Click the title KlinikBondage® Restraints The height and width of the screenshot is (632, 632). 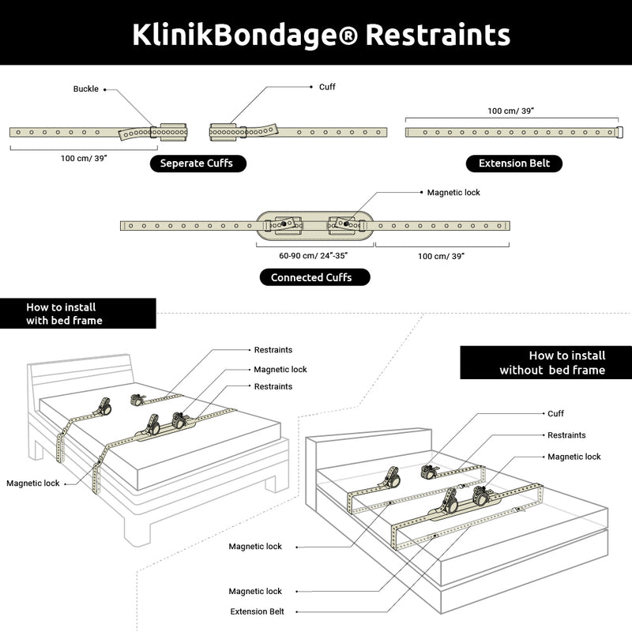(321, 35)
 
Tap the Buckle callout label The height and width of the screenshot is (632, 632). (85, 89)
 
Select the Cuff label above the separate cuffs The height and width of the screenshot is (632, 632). (327, 87)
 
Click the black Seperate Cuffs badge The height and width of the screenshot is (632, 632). (197, 164)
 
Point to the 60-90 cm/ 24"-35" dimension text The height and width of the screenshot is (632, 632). (314, 256)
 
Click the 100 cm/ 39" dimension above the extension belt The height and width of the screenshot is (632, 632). (511, 111)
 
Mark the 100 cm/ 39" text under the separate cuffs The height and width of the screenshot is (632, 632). (84, 158)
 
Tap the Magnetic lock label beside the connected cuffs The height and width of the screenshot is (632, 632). (453, 192)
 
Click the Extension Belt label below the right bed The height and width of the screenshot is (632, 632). (258, 611)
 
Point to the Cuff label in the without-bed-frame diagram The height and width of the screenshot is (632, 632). (556, 413)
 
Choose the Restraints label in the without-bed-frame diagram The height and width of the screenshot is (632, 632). (566, 435)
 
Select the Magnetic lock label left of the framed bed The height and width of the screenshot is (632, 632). (32, 483)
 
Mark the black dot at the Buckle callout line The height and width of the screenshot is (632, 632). (104, 89)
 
